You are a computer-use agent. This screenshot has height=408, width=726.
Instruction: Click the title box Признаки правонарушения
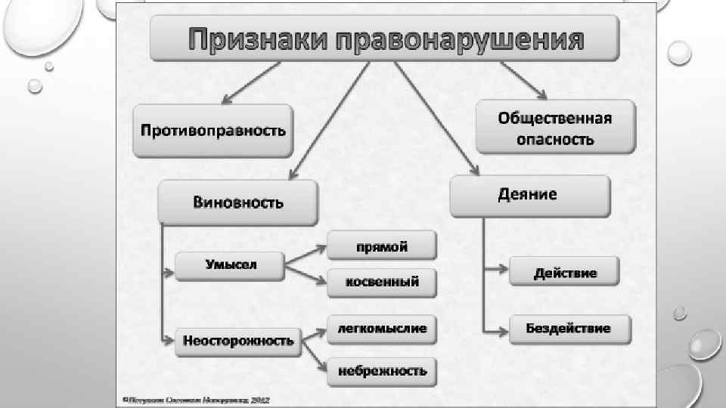pyautogui.click(x=384, y=39)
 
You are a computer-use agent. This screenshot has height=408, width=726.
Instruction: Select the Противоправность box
pyautogui.click(x=213, y=130)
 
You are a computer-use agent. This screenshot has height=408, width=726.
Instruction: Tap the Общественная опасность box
pyautogui.click(x=555, y=128)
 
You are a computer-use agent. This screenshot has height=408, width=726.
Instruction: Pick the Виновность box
pyautogui.click(x=238, y=202)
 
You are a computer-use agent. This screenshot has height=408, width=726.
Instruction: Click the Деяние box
pyautogui.click(x=529, y=195)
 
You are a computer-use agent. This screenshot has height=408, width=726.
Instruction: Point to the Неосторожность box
pyautogui.click(x=238, y=341)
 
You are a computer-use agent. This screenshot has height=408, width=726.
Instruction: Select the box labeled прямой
pyautogui.click(x=382, y=246)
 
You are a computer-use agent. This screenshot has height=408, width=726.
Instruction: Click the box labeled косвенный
pyautogui.click(x=382, y=283)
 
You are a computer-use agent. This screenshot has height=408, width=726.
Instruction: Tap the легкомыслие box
pyautogui.click(x=382, y=329)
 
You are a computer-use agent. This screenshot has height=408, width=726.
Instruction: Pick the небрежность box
pyautogui.click(x=382, y=371)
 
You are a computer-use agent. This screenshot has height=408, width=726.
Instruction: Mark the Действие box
pyautogui.click(x=564, y=272)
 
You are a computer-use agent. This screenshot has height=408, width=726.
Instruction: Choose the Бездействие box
pyautogui.click(x=569, y=329)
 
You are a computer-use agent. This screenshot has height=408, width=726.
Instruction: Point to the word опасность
pyautogui.click(x=555, y=139)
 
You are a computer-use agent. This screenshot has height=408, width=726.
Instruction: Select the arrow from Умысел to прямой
pyautogui.click(x=306, y=255)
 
